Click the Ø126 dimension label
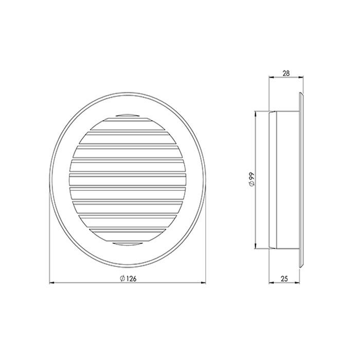(128, 278)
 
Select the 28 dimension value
(286, 73)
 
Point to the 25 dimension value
(284, 279)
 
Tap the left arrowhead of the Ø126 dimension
(52, 283)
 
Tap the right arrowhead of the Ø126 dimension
(203, 283)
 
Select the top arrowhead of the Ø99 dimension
(255, 114)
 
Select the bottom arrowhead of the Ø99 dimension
(255, 246)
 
